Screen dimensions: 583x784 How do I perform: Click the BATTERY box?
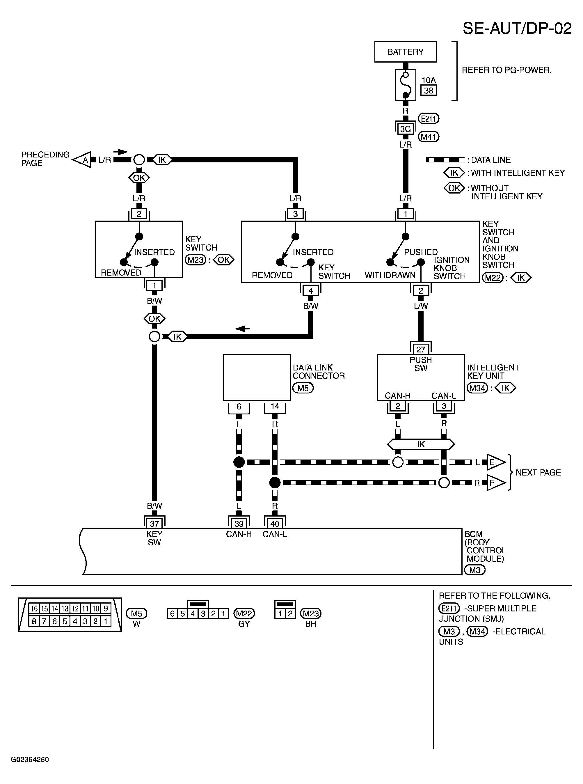pos(405,52)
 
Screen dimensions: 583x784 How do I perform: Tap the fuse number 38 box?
pos(429,91)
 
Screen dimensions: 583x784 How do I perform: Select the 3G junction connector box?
pos(405,129)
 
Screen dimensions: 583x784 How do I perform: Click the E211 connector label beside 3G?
pos(429,119)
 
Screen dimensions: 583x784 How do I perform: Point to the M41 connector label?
pos(429,136)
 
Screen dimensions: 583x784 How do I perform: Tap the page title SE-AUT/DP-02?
pos(517,28)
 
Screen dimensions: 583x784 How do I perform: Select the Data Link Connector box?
pos(257,377)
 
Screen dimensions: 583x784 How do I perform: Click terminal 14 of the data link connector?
pos(275,406)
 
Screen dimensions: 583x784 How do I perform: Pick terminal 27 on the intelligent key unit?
pos(421,349)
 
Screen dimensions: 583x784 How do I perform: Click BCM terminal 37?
pos(154,524)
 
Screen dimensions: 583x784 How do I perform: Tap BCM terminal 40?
pos(275,524)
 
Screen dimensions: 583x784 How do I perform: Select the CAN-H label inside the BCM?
pos(239,534)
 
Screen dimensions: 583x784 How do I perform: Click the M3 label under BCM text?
pos(475,570)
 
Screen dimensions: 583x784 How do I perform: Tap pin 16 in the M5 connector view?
pos(34,608)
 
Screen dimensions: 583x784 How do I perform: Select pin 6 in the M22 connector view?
pos(172,613)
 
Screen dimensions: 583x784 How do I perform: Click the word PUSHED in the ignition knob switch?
pos(421,252)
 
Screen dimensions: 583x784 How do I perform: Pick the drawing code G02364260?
pos(30,760)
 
